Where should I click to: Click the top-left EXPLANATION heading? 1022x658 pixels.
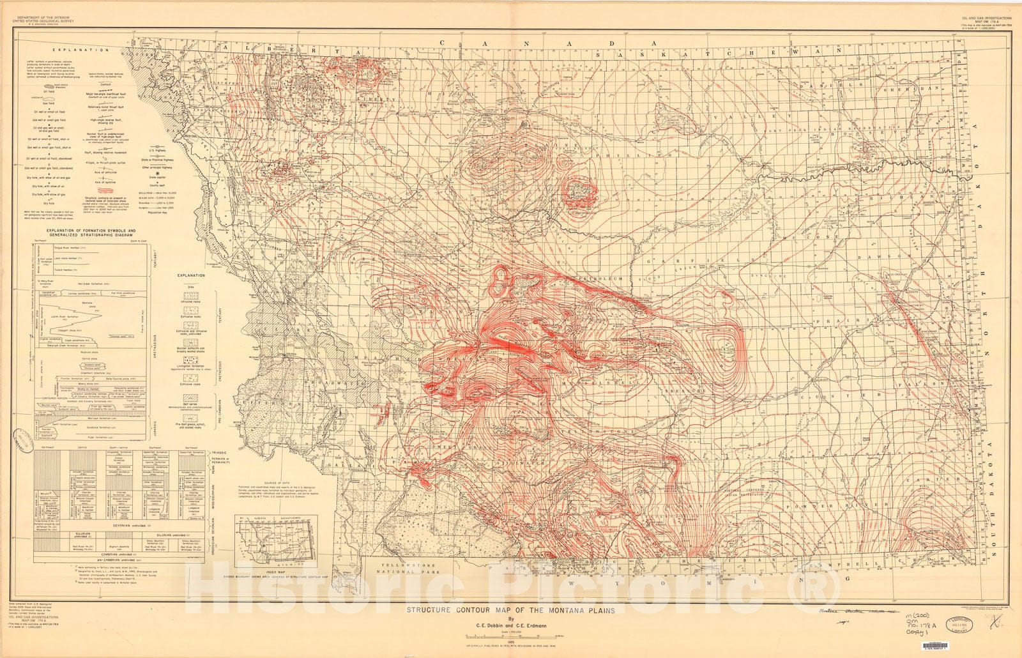click(x=71, y=49)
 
